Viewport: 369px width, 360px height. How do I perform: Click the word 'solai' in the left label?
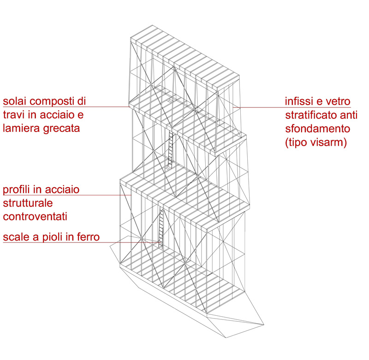point(15,101)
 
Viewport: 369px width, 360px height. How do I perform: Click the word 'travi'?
point(14,115)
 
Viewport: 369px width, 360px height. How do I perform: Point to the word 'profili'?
point(16,190)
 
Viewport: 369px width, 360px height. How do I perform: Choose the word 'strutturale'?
point(28,203)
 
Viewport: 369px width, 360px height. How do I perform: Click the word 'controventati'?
point(35,217)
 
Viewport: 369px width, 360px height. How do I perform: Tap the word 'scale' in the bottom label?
point(16,237)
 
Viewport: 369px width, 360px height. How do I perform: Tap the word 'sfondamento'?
point(318,129)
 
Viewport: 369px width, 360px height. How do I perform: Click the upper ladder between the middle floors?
point(170,150)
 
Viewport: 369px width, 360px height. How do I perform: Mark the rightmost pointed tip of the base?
point(264,325)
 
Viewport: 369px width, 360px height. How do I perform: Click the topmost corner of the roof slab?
point(152,25)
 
